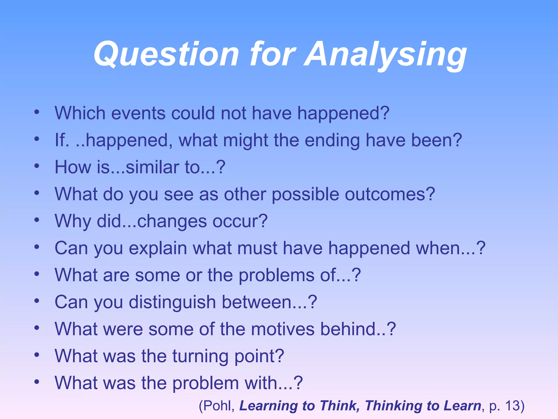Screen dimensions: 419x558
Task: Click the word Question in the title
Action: pos(166,55)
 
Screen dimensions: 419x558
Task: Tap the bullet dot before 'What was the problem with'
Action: pos(37,382)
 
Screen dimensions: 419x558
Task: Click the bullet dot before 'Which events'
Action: pos(37,112)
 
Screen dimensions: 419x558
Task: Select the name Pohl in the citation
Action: pos(218,406)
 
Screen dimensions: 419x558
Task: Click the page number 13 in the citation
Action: pos(512,406)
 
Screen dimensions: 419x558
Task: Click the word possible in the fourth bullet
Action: pos(305,195)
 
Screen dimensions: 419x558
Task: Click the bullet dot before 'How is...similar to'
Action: pos(37,166)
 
